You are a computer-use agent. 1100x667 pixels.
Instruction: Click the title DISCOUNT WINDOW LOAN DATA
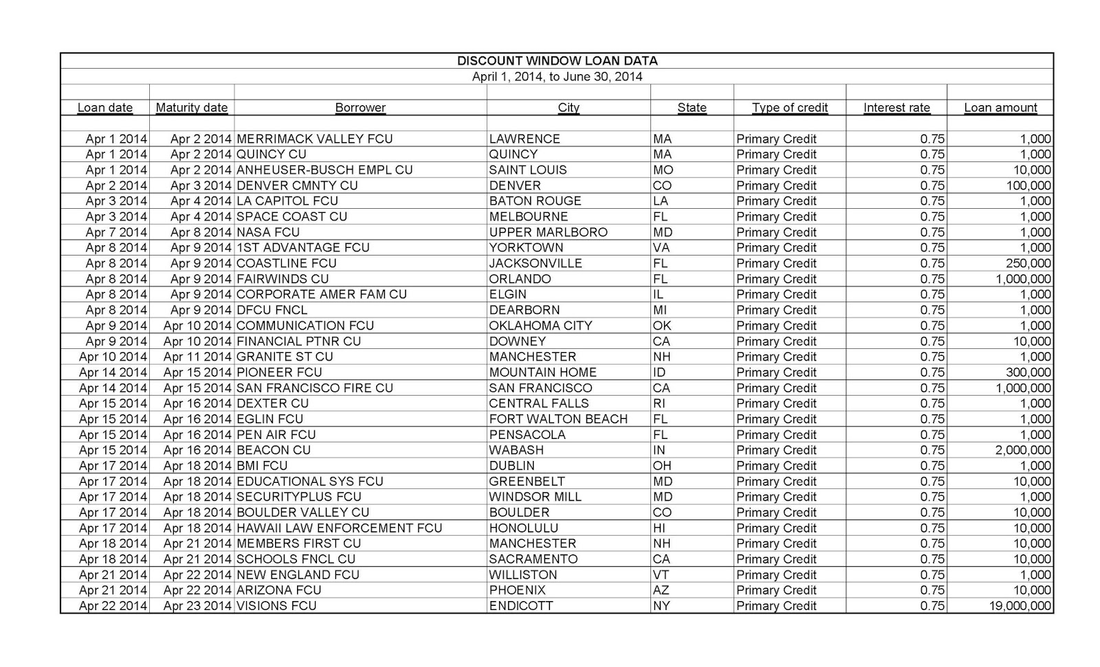click(557, 61)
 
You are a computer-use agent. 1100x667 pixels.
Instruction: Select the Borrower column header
click(360, 108)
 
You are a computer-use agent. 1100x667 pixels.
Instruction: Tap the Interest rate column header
click(896, 108)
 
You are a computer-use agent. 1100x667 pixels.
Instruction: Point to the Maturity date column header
click(192, 108)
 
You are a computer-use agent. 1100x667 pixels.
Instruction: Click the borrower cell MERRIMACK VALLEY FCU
click(314, 139)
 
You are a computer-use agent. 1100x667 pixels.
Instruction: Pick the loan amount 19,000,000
click(1020, 606)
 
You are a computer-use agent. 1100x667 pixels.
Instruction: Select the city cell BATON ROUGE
click(535, 201)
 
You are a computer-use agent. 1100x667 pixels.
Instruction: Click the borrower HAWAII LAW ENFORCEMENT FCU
click(339, 528)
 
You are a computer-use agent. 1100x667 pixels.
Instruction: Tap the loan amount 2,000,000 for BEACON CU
click(1023, 451)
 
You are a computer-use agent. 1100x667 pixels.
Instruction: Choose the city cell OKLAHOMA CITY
click(540, 326)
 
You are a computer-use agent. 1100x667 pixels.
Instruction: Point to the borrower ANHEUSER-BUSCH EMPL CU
click(324, 170)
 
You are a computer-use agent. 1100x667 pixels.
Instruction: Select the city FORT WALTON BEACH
click(558, 419)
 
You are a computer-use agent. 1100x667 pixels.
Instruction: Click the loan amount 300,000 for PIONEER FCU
click(1028, 372)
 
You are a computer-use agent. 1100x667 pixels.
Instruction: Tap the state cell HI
click(659, 528)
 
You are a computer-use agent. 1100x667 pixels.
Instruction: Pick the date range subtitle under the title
click(557, 77)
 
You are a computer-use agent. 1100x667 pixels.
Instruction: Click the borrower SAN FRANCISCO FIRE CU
click(315, 388)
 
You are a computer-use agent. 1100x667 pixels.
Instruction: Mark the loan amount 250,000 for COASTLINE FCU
click(1028, 264)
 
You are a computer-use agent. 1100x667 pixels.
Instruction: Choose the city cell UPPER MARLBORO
click(548, 232)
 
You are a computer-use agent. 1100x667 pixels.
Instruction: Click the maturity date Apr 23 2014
click(197, 606)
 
